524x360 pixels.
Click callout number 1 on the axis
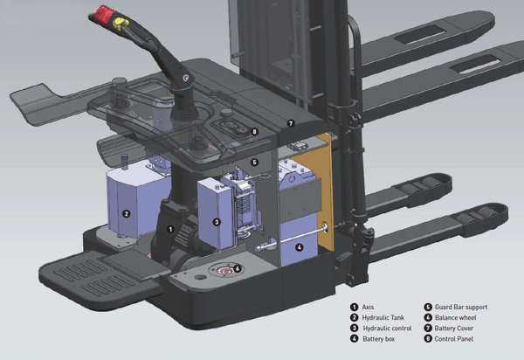(171, 229)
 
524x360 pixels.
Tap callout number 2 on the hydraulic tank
(126, 213)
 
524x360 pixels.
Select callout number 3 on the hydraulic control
(217, 222)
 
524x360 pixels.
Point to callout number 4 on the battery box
(299, 247)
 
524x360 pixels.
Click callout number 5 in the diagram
(255, 163)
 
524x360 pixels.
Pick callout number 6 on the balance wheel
(238, 268)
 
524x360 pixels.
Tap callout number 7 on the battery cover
(291, 123)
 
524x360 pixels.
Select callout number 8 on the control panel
(255, 131)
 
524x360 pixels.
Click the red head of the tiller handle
(104, 14)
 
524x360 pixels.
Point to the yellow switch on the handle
(121, 24)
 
